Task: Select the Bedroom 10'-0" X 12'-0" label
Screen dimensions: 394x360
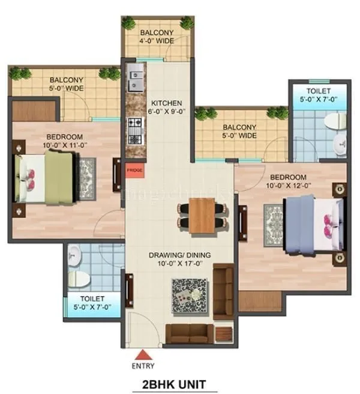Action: coord(288,181)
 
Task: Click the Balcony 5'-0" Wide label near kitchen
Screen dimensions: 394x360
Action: coord(239,132)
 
